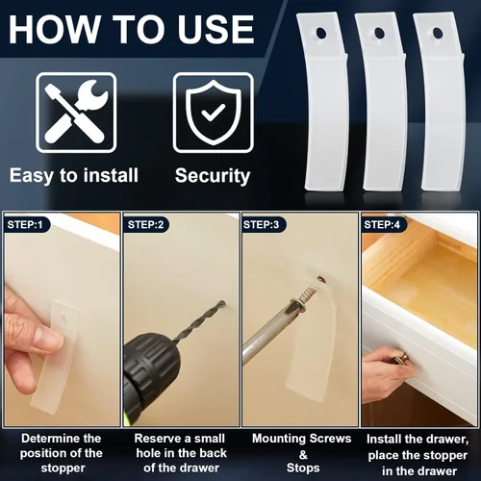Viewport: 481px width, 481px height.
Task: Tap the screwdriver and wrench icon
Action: (x=75, y=113)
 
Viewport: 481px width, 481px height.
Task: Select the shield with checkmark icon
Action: (x=213, y=113)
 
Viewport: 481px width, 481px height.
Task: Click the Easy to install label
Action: (x=75, y=176)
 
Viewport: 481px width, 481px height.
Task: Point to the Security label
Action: (x=213, y=176)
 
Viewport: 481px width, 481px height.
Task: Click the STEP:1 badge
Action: (x=28, y=225)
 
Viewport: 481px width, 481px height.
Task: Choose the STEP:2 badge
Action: (x=147, y=225)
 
